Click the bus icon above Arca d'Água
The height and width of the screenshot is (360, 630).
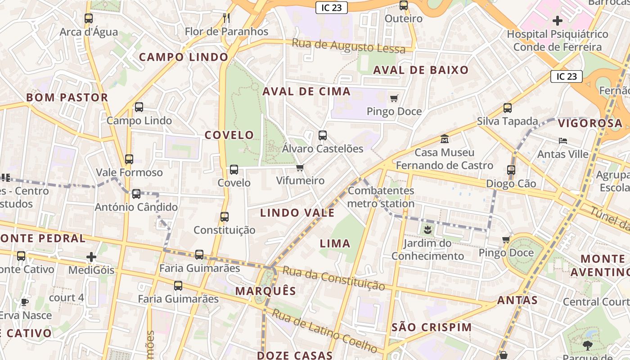pyautogui.click(x=89, y=18)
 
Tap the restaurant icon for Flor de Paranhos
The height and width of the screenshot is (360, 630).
pyautogui.click(x=226, y=18)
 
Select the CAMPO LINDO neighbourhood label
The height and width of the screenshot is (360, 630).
pyautogui.click(x=184, y=57)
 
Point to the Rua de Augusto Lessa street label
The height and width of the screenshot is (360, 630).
pyautogui.click(x=349, y=46)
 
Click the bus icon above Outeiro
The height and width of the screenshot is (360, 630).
pyautogui.click(x=404, y=5)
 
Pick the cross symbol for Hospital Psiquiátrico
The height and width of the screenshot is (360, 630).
pyautogui.click(x=558, y=20)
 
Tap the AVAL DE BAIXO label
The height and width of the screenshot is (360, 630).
pyautogui.click(x=421, y=70)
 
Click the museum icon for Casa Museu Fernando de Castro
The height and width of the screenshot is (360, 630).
pyautogui.click(x=445, y=139)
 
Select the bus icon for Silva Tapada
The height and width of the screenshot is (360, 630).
pyautogui.click(x=508, y=108)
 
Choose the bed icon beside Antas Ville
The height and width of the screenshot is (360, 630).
pyautogui.click(x=563, y=141)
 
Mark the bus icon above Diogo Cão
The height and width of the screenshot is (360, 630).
pyautogui.click(x=511, y=170)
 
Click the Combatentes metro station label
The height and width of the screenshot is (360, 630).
pyautogui.click(x=381, y=197)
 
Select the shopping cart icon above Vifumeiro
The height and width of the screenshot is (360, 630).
pyautogui.click(x=300, y=167)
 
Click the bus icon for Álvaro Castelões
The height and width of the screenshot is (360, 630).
pyautogui.click(x=322, y=135)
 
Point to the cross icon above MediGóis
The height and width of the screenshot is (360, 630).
pyautogui.click(x=91, y=257)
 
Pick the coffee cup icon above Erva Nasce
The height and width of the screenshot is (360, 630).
pyautogui.click(x=25, y=302)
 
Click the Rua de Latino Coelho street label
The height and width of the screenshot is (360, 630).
pyautogui.click(x=324, y=331)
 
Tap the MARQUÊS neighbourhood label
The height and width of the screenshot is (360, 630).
pyautogui.click(x=265, y=291)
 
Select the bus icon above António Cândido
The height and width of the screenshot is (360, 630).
pyautogui.click(x=136, y=194)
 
